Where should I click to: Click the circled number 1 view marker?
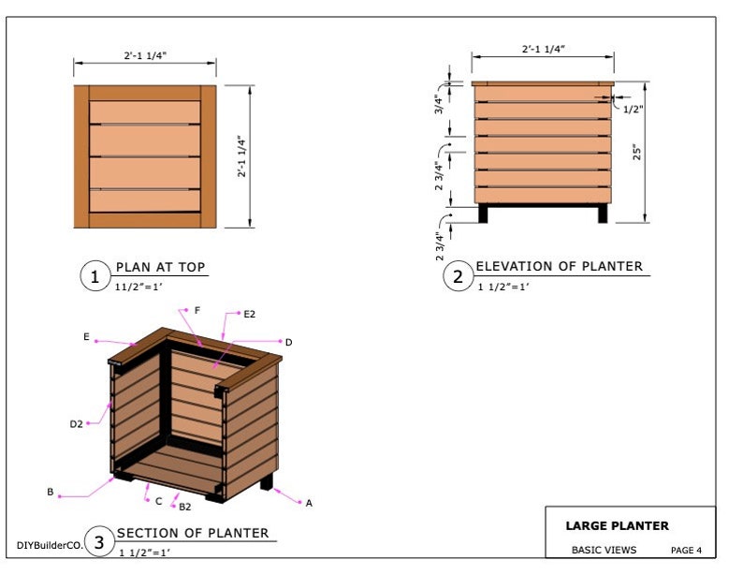coord(94,276)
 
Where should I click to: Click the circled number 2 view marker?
coord(458,276)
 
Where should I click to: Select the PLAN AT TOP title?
coord(160,267)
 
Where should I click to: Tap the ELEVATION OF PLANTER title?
coord(559,267)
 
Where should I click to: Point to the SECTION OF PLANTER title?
coord(192,533)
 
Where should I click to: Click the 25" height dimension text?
coord(636,153)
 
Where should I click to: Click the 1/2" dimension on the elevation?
coord(634,109)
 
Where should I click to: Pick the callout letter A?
coord(309,503)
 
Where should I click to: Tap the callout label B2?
coord(185,506)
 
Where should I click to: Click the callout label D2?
coord(77,424)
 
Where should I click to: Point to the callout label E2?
coord(250,315)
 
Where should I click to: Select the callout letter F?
coord(197,309)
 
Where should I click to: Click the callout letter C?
coord(158,501)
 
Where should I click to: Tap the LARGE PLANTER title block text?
coord(617,526)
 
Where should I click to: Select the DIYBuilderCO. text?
coord(50,544)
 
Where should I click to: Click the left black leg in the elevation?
coord(483,214)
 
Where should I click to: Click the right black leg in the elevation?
coord(602,214)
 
